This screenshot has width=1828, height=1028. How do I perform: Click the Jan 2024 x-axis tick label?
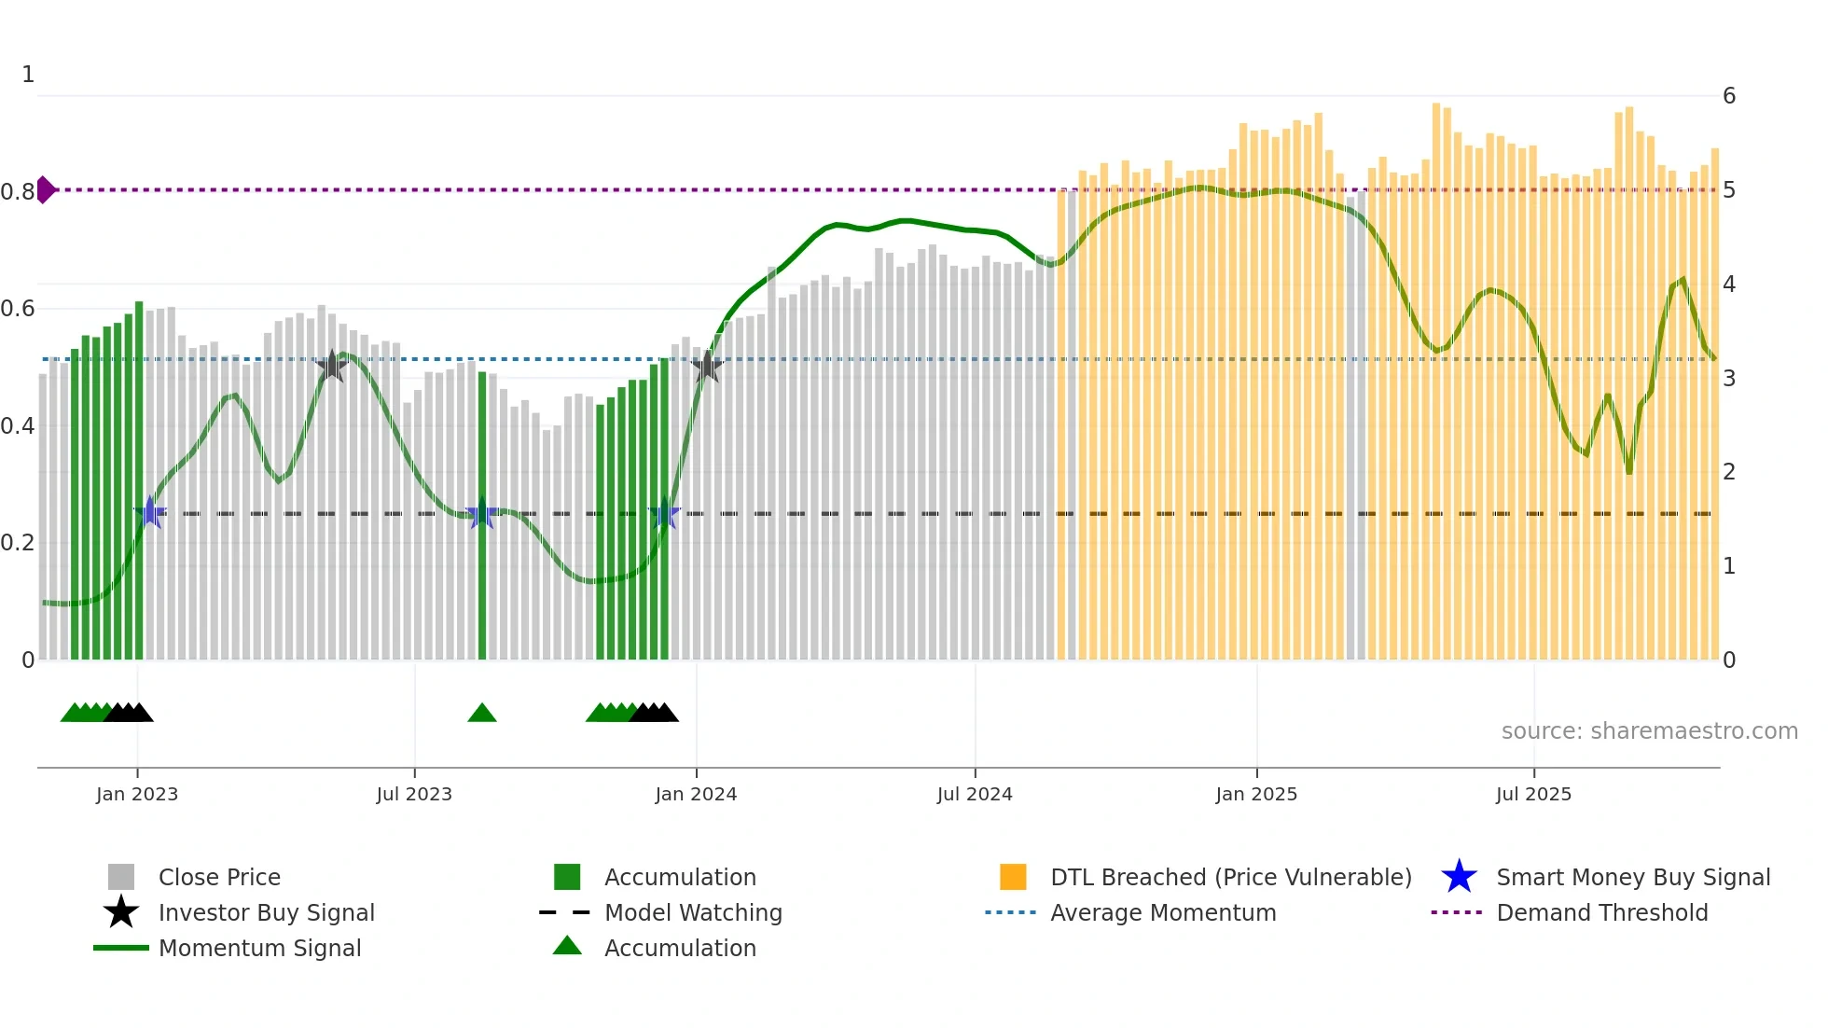[696, 794]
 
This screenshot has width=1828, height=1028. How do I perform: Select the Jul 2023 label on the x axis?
[414, 794]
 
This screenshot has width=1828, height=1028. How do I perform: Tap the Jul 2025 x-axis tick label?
[1533, 794]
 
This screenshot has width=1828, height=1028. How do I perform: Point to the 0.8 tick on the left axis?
[17, 192]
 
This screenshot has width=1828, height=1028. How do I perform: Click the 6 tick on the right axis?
[1729, 96]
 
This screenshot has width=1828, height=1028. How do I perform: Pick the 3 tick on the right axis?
[1729, 379]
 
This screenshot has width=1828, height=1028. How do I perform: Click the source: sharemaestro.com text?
[1649, 731]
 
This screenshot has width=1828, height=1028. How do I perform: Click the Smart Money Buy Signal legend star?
[1459, 877]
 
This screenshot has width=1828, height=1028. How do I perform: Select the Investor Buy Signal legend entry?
[266, 912]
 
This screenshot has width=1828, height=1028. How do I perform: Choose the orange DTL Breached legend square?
[1013, 877]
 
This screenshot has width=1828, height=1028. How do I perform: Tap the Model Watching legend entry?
[692, 912]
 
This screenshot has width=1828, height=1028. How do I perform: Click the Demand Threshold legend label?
[1601, 912]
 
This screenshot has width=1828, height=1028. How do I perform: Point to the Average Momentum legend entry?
[1162, 912]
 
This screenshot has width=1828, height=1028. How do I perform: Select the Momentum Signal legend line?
[121, 948]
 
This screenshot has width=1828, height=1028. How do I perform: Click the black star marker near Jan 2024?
[707, 367]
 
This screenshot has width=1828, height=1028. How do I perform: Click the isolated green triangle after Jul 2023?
[482, 714]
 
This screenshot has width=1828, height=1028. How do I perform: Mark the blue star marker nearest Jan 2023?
[150, 512]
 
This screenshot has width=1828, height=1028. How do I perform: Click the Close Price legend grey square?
[121, 877]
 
